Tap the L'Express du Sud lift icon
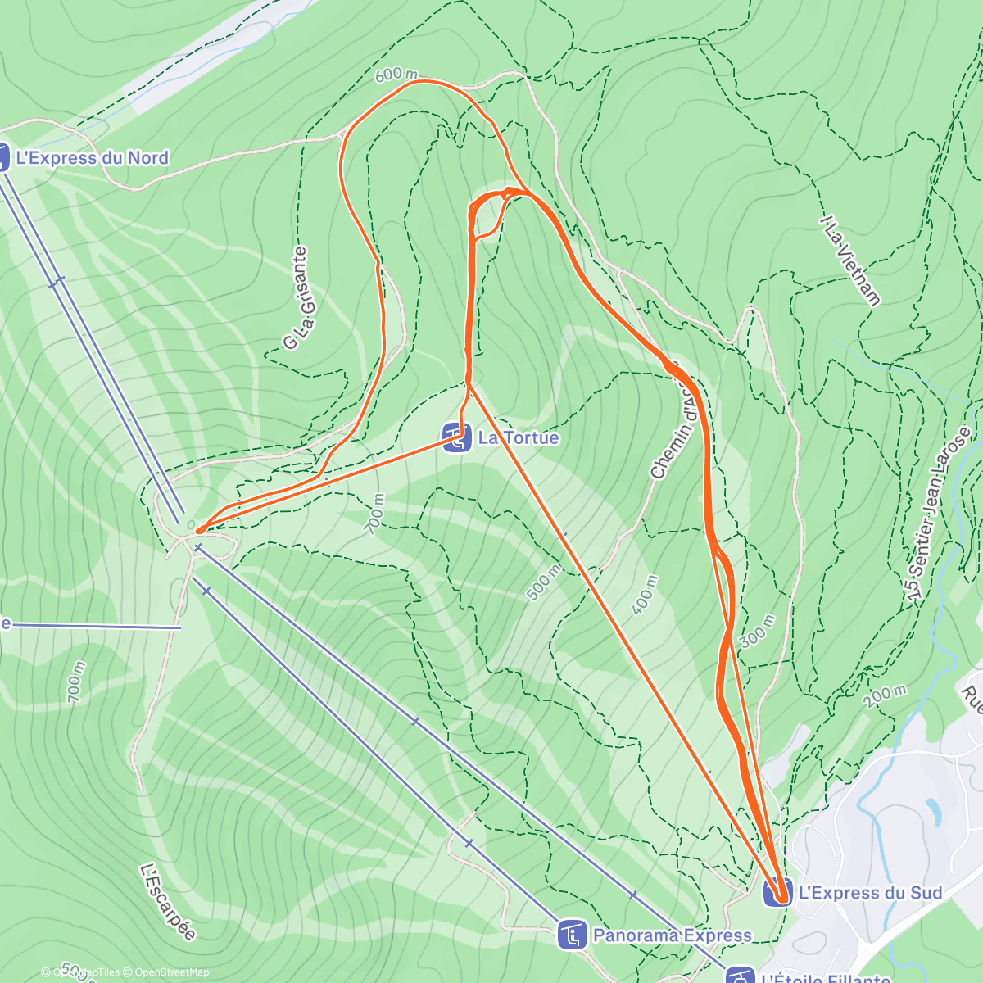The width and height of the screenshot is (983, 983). coord(777,892)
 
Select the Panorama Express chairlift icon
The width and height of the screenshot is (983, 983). coord(572,935)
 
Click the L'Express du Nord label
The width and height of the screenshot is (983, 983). coord(92,158)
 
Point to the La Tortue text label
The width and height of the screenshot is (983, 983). coord(519,437)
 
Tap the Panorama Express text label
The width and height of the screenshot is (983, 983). coord(673,935)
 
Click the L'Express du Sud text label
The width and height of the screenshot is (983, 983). coord(871,892)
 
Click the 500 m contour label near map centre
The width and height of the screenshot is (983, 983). coord(544,582)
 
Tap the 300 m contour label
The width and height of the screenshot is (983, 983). coord(754,632)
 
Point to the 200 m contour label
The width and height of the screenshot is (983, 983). coord(885,696)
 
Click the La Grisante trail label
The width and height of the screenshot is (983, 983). coord(299,298)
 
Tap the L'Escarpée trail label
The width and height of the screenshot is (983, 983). coord(168,902)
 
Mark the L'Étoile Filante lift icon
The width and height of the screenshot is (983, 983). coord(741,976)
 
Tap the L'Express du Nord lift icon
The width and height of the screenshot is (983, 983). coord(2,157)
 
